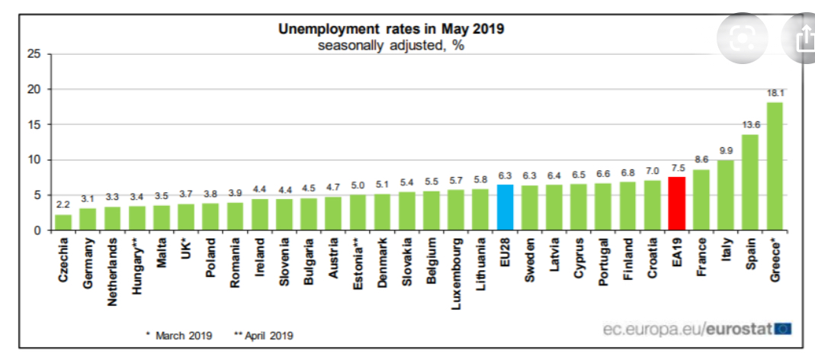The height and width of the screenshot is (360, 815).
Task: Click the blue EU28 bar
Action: tap(505, 207)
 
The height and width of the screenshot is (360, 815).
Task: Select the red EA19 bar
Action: tap(676, 204)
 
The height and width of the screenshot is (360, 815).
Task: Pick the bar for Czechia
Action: tap(63, 222)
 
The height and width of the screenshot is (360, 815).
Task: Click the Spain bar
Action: tap(749, 182)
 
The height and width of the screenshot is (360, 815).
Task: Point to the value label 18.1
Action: tap(775, 93)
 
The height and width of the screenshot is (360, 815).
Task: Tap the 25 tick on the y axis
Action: tap(33, 54)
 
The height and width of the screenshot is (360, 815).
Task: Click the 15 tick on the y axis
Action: tap(33, 124)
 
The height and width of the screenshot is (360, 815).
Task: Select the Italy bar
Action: tap(725, 195)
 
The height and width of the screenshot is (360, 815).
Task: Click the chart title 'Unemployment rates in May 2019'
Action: tap(391, 29)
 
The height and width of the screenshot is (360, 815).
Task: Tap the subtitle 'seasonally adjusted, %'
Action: tap(391, 44)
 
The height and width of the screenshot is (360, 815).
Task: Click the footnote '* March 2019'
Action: tap(178, 335)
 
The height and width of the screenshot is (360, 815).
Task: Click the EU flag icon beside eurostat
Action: tap(783, 329)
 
